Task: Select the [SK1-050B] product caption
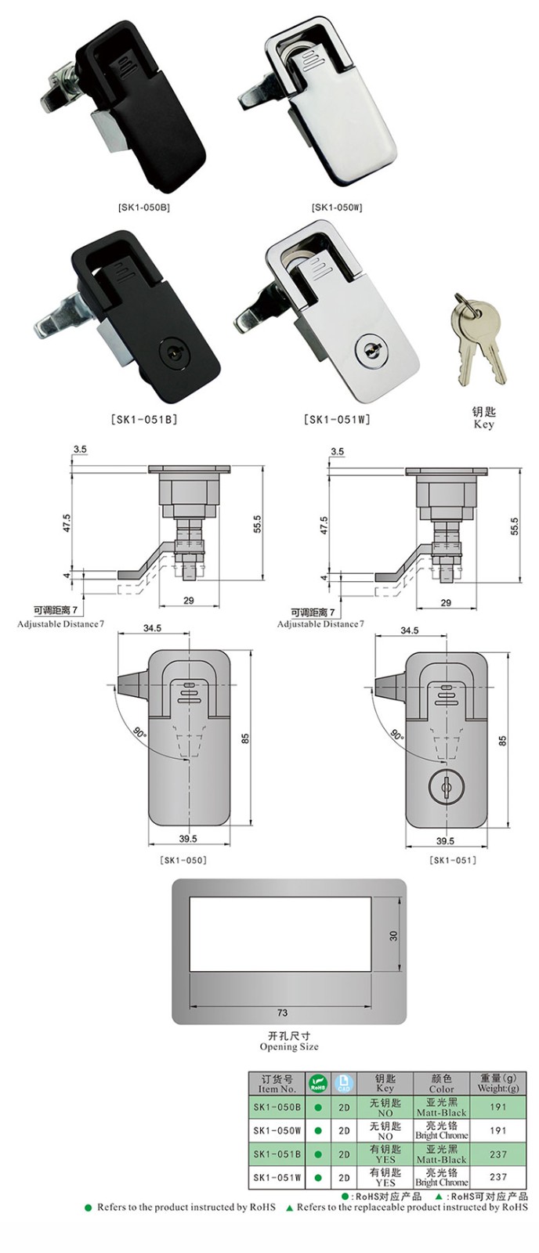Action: (143, 208)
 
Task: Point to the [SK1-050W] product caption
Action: (337, 208)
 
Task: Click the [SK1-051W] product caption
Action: (337, 419)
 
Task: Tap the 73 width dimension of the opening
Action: (283, 1013)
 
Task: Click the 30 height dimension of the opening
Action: (394, 934)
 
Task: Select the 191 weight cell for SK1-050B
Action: (497, 1107)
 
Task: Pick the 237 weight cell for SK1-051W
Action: (497, 1176)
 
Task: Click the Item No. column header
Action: (277, 1084)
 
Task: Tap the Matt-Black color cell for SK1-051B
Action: (441, 1154)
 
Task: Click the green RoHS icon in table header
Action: (317, 1084)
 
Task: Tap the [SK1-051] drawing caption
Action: (453, 860)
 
